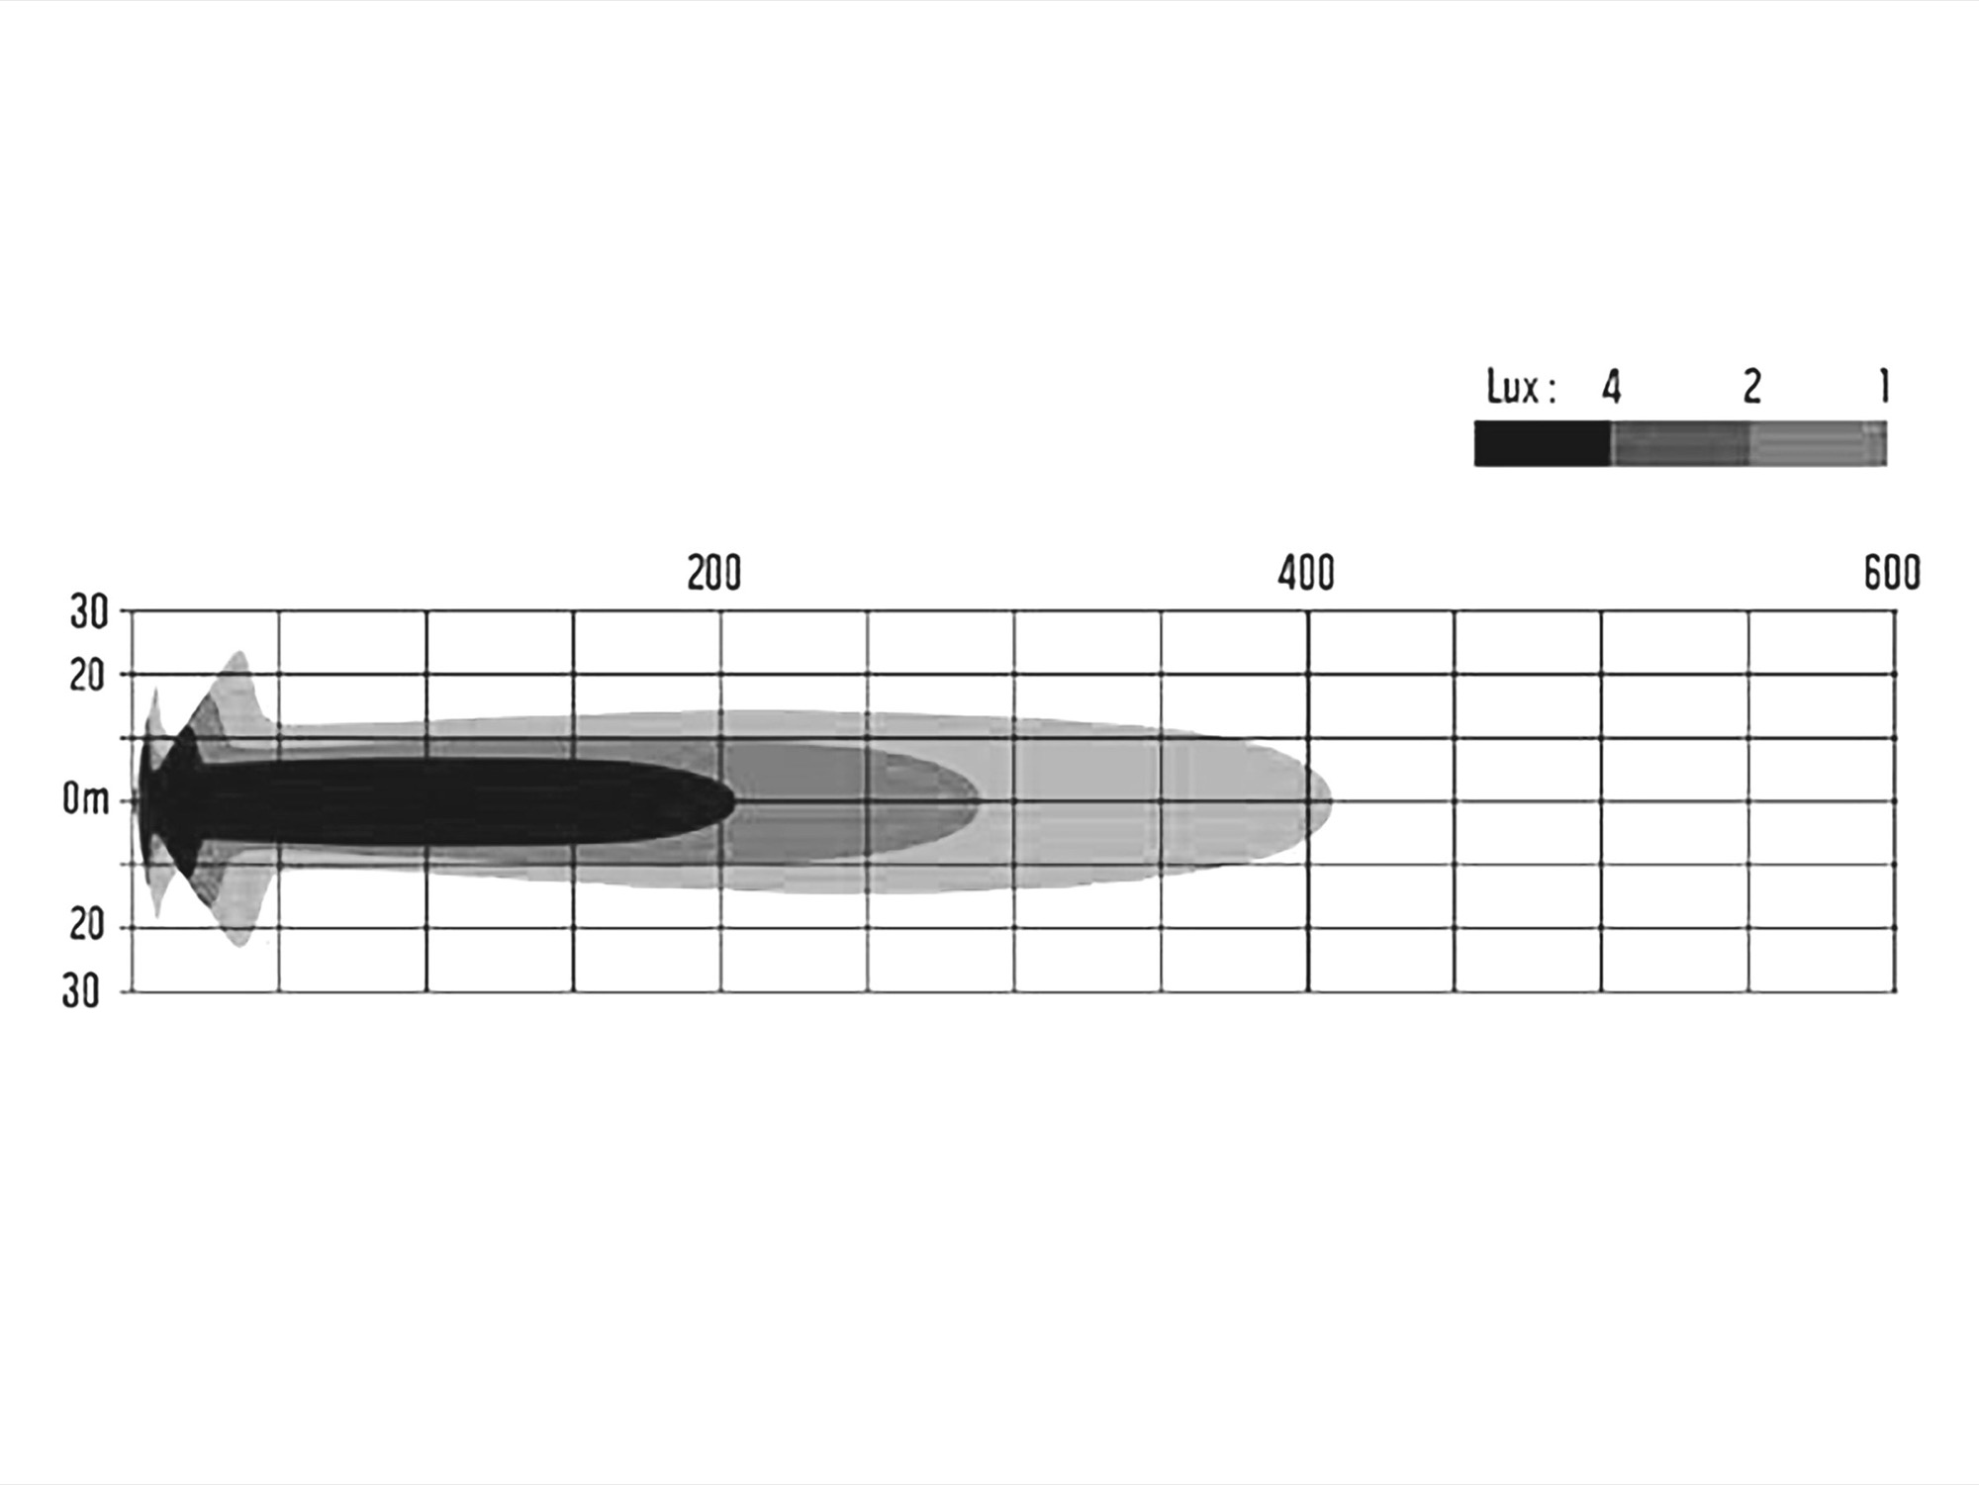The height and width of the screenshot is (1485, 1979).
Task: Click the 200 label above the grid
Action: pyautogui.click(x=713, y=574)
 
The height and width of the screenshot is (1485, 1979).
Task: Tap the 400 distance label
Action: pyautogui.click(x=1305, y=574)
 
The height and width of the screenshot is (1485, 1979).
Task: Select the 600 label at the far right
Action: pyautogui.click(x=1892, y=574)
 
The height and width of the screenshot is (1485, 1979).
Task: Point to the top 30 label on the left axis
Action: pyautogui.click(x=88, y=613)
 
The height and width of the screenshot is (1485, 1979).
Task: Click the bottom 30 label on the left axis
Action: pyautogui.click(x=82, y=991)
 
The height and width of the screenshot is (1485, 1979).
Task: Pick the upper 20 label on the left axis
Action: pyautogui.click(x=87, y=677)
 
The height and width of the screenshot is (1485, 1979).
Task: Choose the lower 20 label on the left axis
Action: pyautogui.click(x=87, y=926)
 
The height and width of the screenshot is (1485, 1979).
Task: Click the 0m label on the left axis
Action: pyautogui.click(x=86, y=799)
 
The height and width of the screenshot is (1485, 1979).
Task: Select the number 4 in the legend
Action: pyautogui.click(x=1612, y=388)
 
